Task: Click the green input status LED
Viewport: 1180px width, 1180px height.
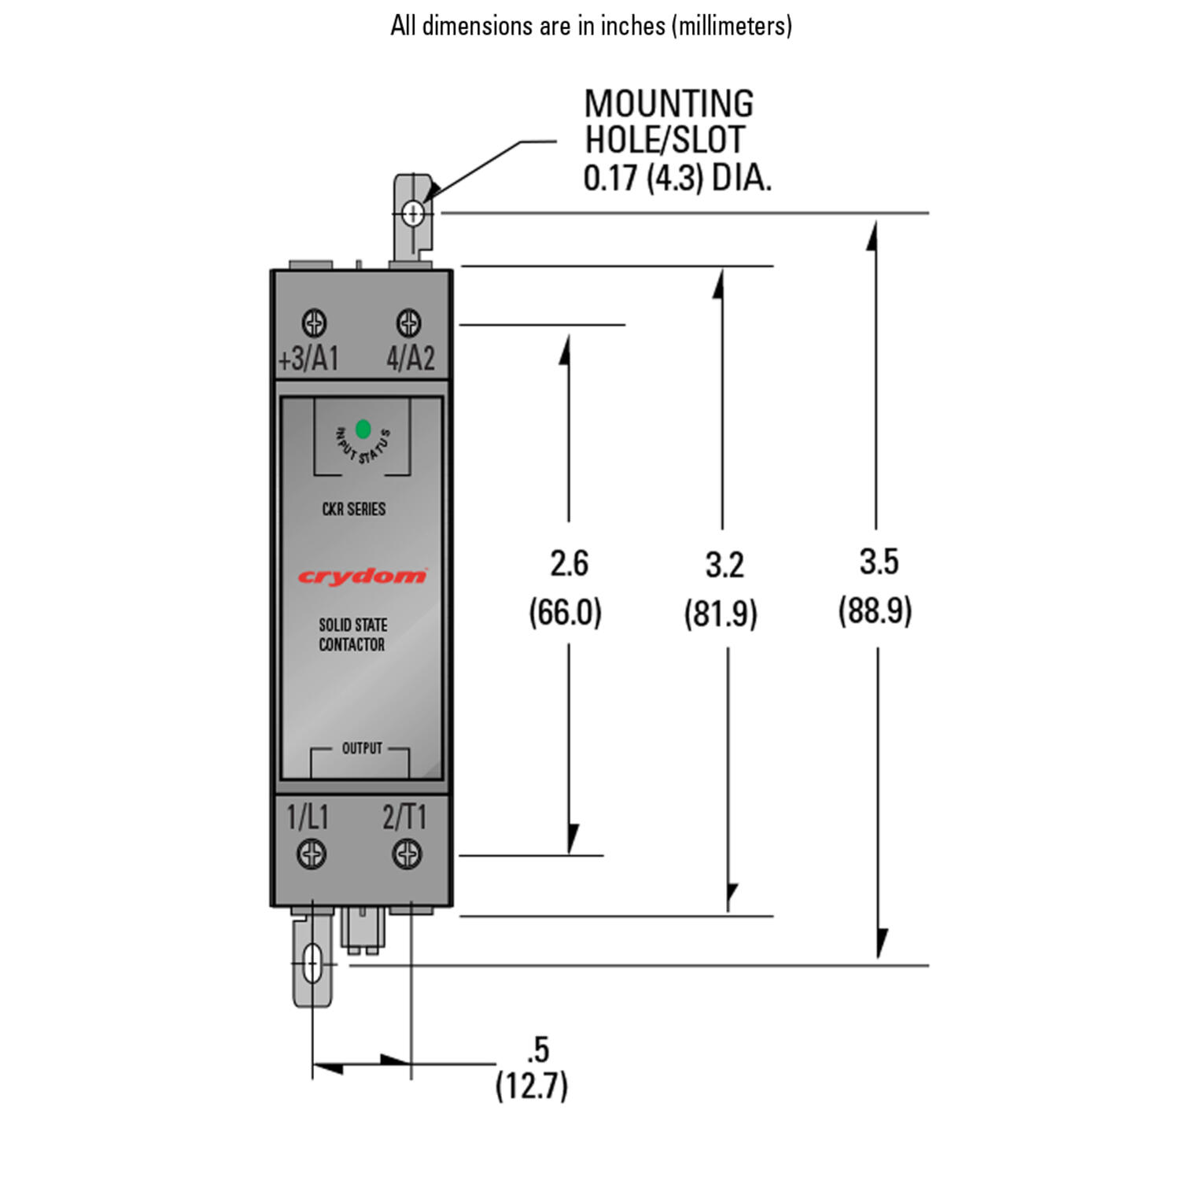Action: coord(363,429)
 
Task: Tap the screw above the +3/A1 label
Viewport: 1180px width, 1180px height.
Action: coord(314,323)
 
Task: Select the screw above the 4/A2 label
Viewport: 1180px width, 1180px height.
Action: coord(408,323)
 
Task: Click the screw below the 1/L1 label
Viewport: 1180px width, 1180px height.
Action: coord(312,854)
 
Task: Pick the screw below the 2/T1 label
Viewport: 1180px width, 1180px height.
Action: coord(407,854)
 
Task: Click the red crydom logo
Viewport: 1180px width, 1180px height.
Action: coord(362,577)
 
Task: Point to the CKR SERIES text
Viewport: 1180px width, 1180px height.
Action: coord(353,509)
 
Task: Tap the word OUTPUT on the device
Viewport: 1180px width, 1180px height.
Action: coord(362,748)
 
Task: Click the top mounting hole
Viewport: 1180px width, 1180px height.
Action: coord(413,212)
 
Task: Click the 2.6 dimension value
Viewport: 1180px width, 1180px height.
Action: coord(569,563)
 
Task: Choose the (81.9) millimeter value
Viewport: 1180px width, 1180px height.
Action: coord(721,614)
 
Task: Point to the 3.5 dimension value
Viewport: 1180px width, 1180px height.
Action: coord(879,562)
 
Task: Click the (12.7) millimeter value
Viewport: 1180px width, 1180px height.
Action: coord(532,1086)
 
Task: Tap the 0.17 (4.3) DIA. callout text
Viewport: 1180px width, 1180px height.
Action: coord(677,179)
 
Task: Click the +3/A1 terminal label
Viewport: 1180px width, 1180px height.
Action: coord(308,359)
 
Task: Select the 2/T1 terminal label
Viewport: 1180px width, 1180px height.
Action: coord(404,817)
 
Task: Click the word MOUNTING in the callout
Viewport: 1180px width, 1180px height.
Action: coord(669,104)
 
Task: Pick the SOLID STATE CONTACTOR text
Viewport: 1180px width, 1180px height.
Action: coord(352,635)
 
